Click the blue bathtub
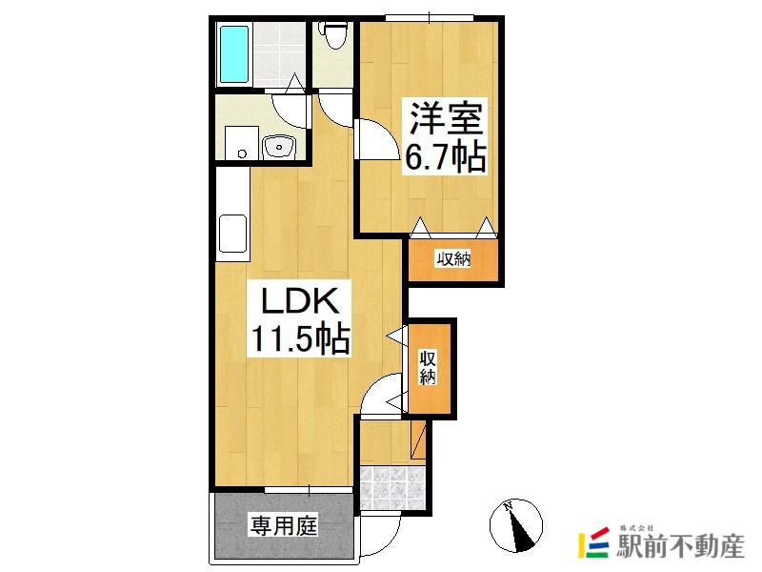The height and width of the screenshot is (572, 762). tap(234, 54)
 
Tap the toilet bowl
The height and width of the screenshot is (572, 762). tap(333, 35)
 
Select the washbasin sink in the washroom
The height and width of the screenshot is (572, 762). tap(278, 147)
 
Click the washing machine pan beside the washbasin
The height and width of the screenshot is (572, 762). tap(242, 142)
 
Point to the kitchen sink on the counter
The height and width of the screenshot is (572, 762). tap(233, 233)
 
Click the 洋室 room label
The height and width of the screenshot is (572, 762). tap(447, 118)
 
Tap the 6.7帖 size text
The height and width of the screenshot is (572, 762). tap(446, 155)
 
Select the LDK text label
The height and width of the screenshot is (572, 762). tap(300, 301)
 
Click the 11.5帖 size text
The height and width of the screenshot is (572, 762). tap(300, 338)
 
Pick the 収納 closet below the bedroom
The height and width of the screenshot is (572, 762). tap(453, 260)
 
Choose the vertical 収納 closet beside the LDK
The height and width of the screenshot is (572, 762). tap(430, 368)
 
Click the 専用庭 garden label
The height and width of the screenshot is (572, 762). tap(284, 526)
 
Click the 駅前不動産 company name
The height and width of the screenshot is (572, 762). tap(680, 545)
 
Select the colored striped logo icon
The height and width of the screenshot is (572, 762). tap(594, 542)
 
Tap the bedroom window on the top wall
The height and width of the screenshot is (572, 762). tap(430, 18)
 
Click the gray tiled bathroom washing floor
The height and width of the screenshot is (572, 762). tap(279, 54)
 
